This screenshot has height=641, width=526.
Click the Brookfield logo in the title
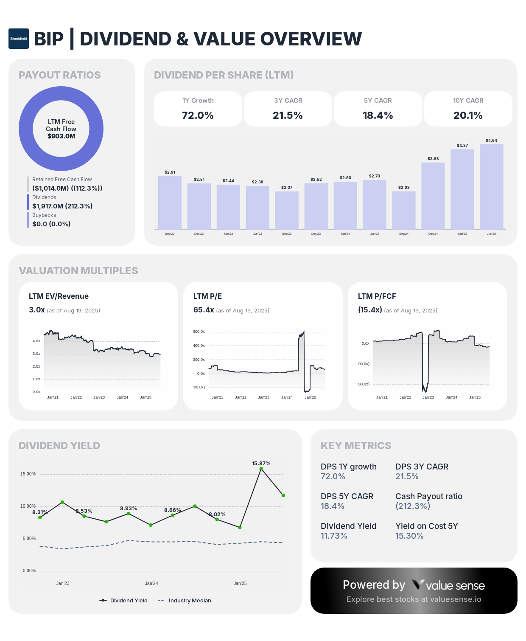tap(19, 39)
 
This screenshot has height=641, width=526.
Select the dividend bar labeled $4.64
tap(491, 187)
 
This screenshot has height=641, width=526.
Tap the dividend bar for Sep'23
tap(287, 210)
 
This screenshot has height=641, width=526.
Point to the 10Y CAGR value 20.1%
tap(468, 115)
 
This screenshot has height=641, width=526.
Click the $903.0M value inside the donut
tap(61, 136)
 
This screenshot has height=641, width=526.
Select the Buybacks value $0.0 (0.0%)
tap(51, 224)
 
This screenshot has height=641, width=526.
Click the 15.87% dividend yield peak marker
tap(261, 469)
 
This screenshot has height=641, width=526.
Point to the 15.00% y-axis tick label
tap(28, 474)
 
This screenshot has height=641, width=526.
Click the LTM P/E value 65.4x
tap(204, 310)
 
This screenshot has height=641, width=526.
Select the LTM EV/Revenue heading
tap(59, 296)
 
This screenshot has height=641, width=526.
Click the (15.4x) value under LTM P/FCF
tap(370, 310)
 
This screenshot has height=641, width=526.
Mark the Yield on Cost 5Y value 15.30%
tap(409, 536)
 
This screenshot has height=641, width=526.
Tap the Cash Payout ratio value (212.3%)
tap(413, 506)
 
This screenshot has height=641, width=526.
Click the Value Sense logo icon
tap(418, 585)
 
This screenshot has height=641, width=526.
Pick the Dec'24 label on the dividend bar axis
tap(433, 234)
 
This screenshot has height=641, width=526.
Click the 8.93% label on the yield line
tap(128, 508)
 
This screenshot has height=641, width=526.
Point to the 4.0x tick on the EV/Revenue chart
tap(36, 341)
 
